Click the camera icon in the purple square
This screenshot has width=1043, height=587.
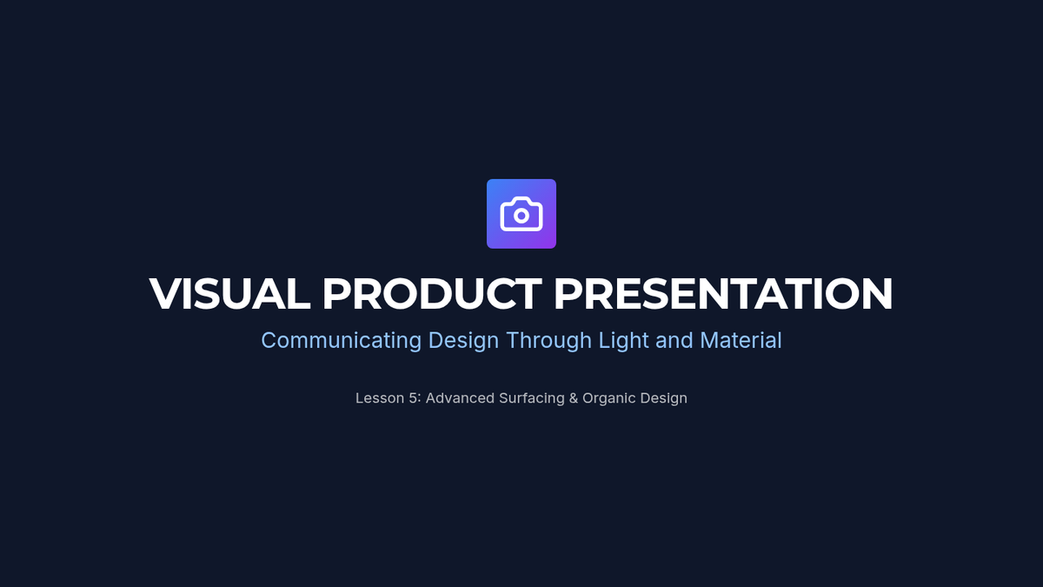pyautogui.click(x=521, y=214)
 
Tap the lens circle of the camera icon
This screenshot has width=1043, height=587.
pyautogui.click(x=521, y=216)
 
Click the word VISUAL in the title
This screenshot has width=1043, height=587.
pyautogui.click(x=229, y=294)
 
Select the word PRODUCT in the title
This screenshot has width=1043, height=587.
pyautogui.click(x=432, y=294)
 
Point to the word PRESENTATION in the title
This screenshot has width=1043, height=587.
pyautogui.click(x=723, y=294)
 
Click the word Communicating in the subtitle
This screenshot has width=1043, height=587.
pyautogui.click(x=342, y=341)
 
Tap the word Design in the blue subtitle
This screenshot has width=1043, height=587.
pyautogui.click(x=463, y=341)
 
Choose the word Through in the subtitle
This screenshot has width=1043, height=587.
pyautogui.click(x=549, y=341)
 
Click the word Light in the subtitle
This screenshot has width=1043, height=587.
pyautogui.click(x=623, y=341)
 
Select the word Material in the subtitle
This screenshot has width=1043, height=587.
pyautogui.click(x=741, y=340)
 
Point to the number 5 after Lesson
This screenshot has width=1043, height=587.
pyautogui.click(x=413, y=398)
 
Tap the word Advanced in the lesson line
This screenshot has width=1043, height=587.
pyautogui.click(x=460, y=398)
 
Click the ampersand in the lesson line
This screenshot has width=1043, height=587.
pyautogui.click(x=574, y=398)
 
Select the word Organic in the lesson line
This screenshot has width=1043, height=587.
pyautogui.click(x=609, y=399)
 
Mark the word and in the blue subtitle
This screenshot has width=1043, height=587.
pyautogui.click(x=674, y=341)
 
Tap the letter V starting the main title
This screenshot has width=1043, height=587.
pyautogui.click(x=164, y=294)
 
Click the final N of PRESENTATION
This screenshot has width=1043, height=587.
pyautogui.click(x=878, y=294)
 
